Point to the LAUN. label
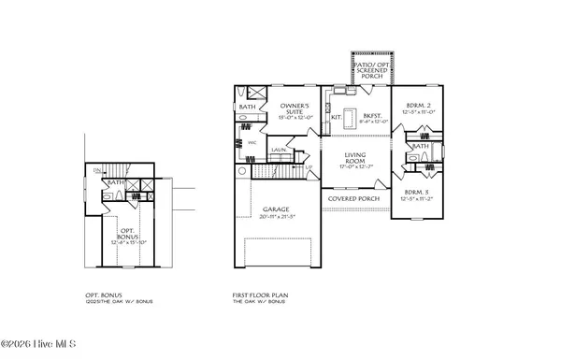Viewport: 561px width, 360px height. [x=279, y=149]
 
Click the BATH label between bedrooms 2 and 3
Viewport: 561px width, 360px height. [x=421, y=146]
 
